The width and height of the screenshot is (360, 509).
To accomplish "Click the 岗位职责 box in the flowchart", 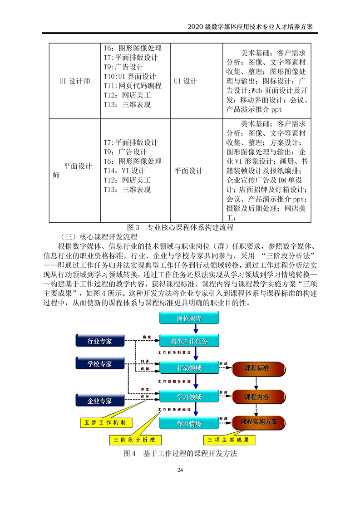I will click(189, 318).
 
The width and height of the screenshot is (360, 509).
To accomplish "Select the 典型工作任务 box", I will click(189, 341).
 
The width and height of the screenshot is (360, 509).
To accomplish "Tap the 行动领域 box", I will click(189, 367).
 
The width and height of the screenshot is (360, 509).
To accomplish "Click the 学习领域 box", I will click(189, 397).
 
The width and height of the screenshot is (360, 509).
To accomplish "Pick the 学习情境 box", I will click(189, 424).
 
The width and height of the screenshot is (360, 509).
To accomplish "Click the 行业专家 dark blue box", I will click(99, 341).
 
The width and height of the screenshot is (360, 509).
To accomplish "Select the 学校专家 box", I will click(99, 363).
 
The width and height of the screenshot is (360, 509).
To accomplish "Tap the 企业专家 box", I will click(99, 401).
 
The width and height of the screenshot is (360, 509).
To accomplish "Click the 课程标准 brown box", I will click(257, 368).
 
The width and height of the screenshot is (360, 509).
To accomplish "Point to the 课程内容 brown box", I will click(257, 397).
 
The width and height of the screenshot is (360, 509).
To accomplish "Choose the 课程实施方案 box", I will click(259, 422).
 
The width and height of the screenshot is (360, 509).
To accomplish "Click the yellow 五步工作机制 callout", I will click(106, 423).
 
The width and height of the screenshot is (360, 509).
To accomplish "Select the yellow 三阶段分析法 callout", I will click(135, 440).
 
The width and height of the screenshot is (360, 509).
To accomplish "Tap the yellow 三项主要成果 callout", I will click(229, 440).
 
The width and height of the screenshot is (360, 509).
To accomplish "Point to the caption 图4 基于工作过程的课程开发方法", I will click(180, 454).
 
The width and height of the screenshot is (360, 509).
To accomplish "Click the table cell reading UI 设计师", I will click(74, 81).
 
